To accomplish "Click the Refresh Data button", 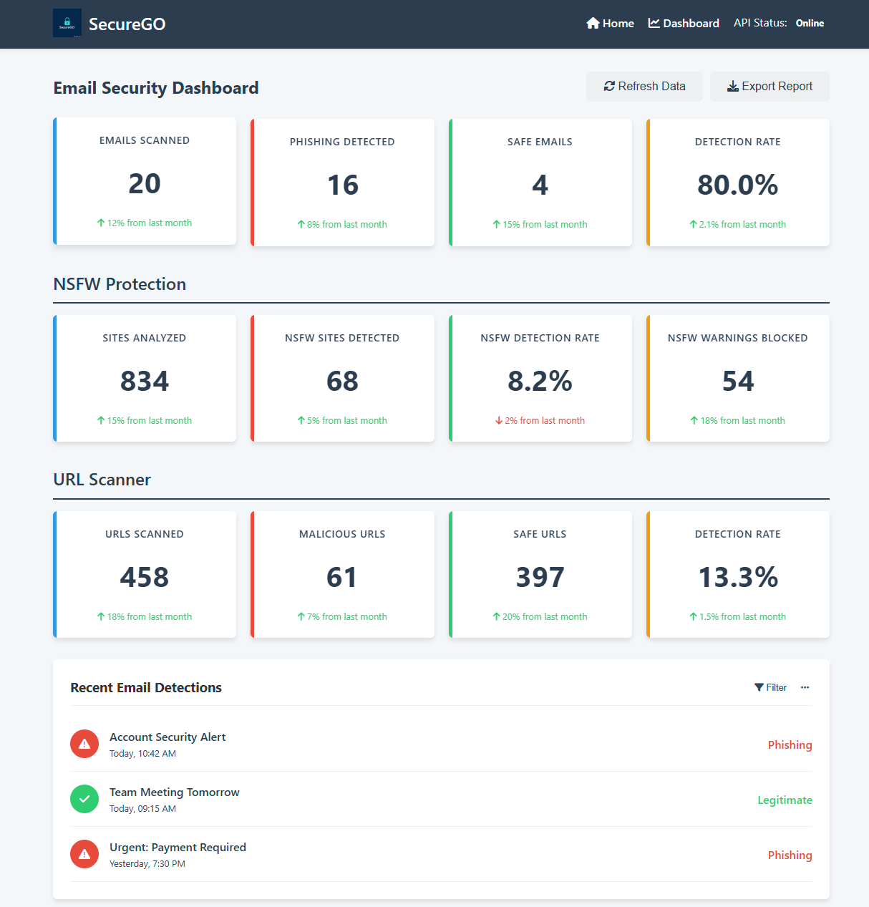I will pyautogui.click(x=644, y=87).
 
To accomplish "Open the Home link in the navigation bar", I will pyautogui.click(x=610, y=24).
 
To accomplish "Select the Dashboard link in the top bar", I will pyautogui.click(x=684, y=24).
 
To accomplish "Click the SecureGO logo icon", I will pyautogui.click(x=67, y=23).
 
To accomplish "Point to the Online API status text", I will pyautogui.click(x=810, y=24).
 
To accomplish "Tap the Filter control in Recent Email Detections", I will pyautogui.click(x=770, y=687).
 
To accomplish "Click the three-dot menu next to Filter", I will pyautogui.click(x=805, y=687).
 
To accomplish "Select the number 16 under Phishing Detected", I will pyautogui.click(x=342, y=185).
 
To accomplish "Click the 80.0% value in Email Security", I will pyautogui.click(x=737, y=185).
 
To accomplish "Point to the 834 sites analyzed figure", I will pyautogui.click(x=145, y=381).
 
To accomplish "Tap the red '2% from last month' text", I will pyautogui.click(x=540, y=420).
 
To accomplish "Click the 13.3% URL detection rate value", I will pyautogui.click(x=737, y=577).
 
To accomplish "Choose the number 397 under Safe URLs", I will pyautogui.click(x=540, y=577).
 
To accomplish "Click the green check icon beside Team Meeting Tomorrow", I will pyautogui.click(x=84, y=799).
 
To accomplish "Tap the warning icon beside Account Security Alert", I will pyautogui.click(x=84, y=744).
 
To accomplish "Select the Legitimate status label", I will pyautogui.click(x=785, y=800).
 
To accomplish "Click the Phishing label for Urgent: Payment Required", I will pyautogui.click(x=790, y=855).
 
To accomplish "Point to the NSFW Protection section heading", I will pyautogui.click(x=120, y=284).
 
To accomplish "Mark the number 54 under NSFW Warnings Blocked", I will pyautogui.click(x=737, y=381).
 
